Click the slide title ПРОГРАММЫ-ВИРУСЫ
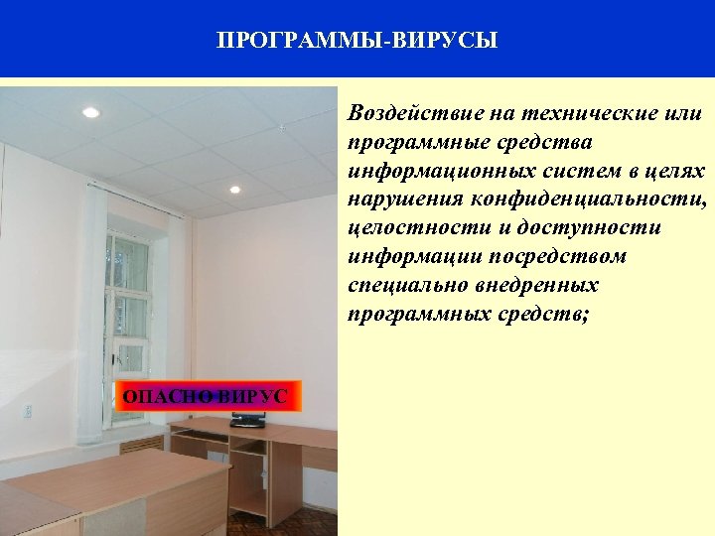[x=357, y=41]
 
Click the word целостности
[x=407, y=228]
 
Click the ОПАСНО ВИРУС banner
[x=205, y=397]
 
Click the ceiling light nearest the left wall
[x=90, y=113]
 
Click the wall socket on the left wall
[x=28, y=410]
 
